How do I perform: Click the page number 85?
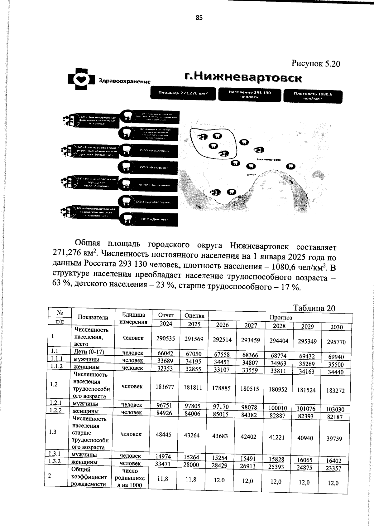(x=199, y=18)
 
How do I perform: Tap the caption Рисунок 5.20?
(x=315, y=64)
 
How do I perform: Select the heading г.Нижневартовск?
(x=243, y=77)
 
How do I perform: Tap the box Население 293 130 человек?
(x=250, y=95)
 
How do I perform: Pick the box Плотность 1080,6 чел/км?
(x=313, y=96)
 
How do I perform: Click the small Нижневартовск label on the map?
(x=269, y=160)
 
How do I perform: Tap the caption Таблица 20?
(x=314, y=308)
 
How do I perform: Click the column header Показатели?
(x=93, y=317)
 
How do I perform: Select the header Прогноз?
(x=280, y=318)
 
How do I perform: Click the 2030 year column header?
(x=336, y=327)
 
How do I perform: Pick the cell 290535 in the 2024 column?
(x=165, y=338)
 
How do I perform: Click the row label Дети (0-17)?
(x=89, y=352)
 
